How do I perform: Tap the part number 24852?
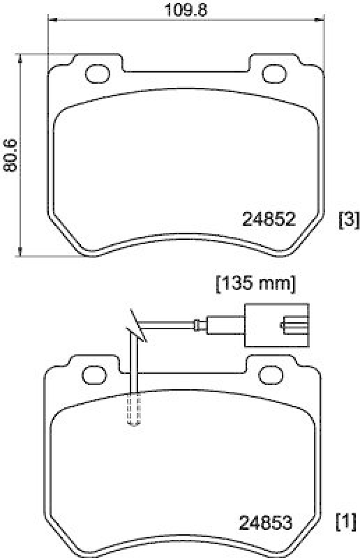(269, 220)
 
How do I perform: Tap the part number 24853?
(265, 522)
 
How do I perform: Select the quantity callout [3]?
(348, 220)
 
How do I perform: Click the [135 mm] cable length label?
(255, 284)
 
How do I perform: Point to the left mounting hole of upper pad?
(95, 73)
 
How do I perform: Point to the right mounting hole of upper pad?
(273, 73)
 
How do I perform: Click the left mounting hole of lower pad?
(92, 375)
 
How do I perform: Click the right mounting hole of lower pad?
(269, 375)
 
